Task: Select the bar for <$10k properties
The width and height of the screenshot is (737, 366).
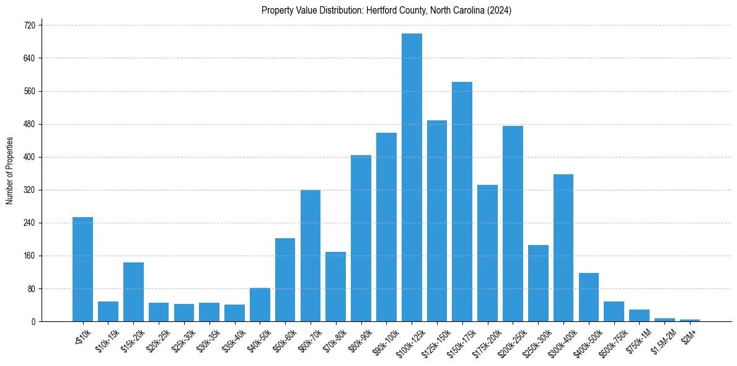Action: (x=82, y=269)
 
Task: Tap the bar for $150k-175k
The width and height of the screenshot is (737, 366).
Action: (x=462, y=202)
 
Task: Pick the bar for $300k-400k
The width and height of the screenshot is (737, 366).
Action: (x=563, y=248)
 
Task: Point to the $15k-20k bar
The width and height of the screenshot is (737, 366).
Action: (x=133, y=292)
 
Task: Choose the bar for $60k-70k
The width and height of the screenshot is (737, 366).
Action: (x=311, y=256)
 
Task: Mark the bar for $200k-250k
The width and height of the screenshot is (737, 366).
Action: (x=513, y=223)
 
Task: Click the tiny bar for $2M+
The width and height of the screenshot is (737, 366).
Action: (x=690, y=320)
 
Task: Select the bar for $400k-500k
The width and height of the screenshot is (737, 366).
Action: (x=588, y=297)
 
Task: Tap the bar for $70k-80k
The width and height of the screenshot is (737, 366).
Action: (x=335, y=287)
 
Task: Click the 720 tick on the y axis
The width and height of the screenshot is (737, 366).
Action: (x=30, y=25)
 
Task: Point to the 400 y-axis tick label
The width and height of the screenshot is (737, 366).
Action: (x=30, y=157)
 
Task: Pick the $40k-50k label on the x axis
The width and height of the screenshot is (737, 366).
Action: (x=259, y=340)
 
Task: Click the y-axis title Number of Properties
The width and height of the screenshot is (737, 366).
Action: (x=9, y=171)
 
